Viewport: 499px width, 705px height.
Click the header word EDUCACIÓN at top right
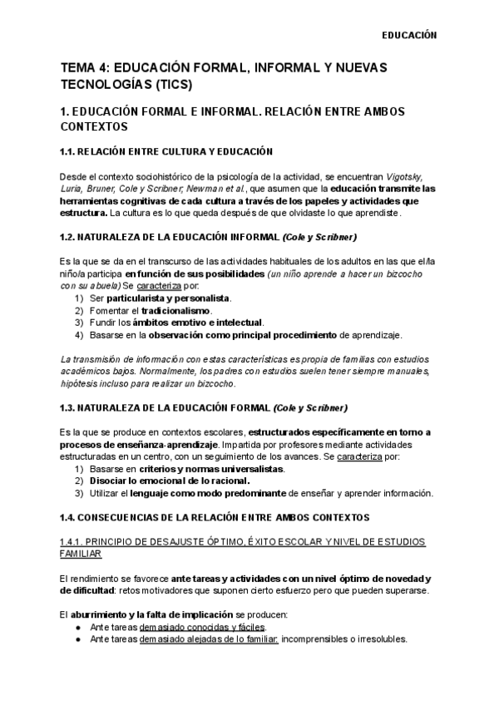408,36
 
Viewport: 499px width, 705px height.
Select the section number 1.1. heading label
72,152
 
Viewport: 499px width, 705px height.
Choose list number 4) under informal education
79,335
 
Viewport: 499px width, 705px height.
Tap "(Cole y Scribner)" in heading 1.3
310,407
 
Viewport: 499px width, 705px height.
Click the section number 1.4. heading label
72,518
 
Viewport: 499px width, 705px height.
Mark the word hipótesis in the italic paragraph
81,383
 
